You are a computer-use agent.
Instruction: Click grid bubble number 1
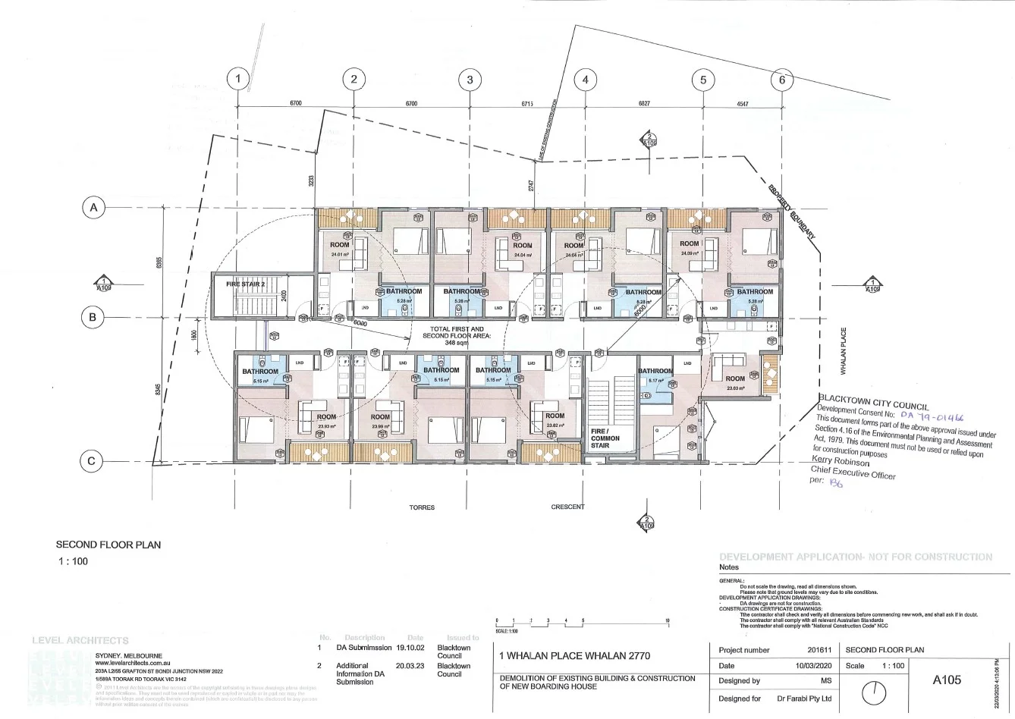point(238,79)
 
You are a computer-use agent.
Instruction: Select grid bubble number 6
point(782,79)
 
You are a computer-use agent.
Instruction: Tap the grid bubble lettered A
point(93,208)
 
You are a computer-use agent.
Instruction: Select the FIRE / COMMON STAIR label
point(605,438)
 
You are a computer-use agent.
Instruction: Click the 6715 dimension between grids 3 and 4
point(527,103)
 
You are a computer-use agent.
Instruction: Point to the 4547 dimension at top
point(742,103)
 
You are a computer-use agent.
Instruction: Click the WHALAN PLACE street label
point(843,350)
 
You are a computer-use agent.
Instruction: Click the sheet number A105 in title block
point(946,680)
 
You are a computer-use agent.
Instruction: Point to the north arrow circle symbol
point(875,692)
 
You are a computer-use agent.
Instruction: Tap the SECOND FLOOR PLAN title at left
point(108,545)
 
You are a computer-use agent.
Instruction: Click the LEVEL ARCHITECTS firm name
point(80,640)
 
